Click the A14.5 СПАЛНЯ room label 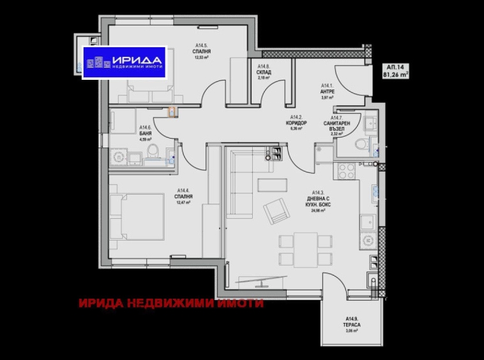[203, 50]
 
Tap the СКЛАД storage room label [264, 72]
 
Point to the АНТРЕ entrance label [328, 91]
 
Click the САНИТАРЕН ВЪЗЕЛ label [337, 125]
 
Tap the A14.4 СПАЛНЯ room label [185, 197]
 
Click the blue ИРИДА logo [124, 62]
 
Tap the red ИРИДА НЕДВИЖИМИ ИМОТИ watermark [171, 304]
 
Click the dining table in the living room [306, 248]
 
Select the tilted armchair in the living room [275, 210]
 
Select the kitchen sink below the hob [367, 223]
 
